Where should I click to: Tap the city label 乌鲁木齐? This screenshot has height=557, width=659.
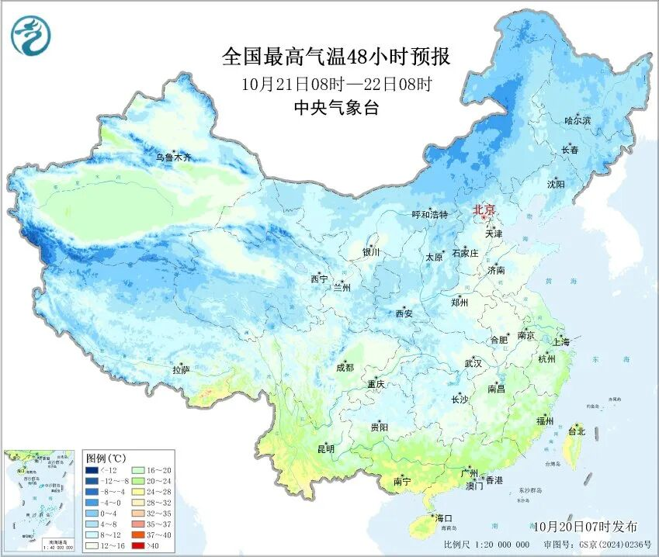pos(172,158)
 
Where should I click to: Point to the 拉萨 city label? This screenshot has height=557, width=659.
pos(181,371)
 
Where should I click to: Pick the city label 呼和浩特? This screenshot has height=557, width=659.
pos(429,215)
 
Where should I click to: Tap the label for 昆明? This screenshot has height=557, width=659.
pos(325,449)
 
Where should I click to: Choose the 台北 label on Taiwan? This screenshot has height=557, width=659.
pos(576,431)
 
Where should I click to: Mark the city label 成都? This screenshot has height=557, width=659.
pos(345,368)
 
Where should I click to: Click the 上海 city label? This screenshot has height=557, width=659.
pos(560,342)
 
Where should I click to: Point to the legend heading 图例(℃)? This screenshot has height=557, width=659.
pos(101,458)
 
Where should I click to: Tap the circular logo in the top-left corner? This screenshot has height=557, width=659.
pos(30,36)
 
